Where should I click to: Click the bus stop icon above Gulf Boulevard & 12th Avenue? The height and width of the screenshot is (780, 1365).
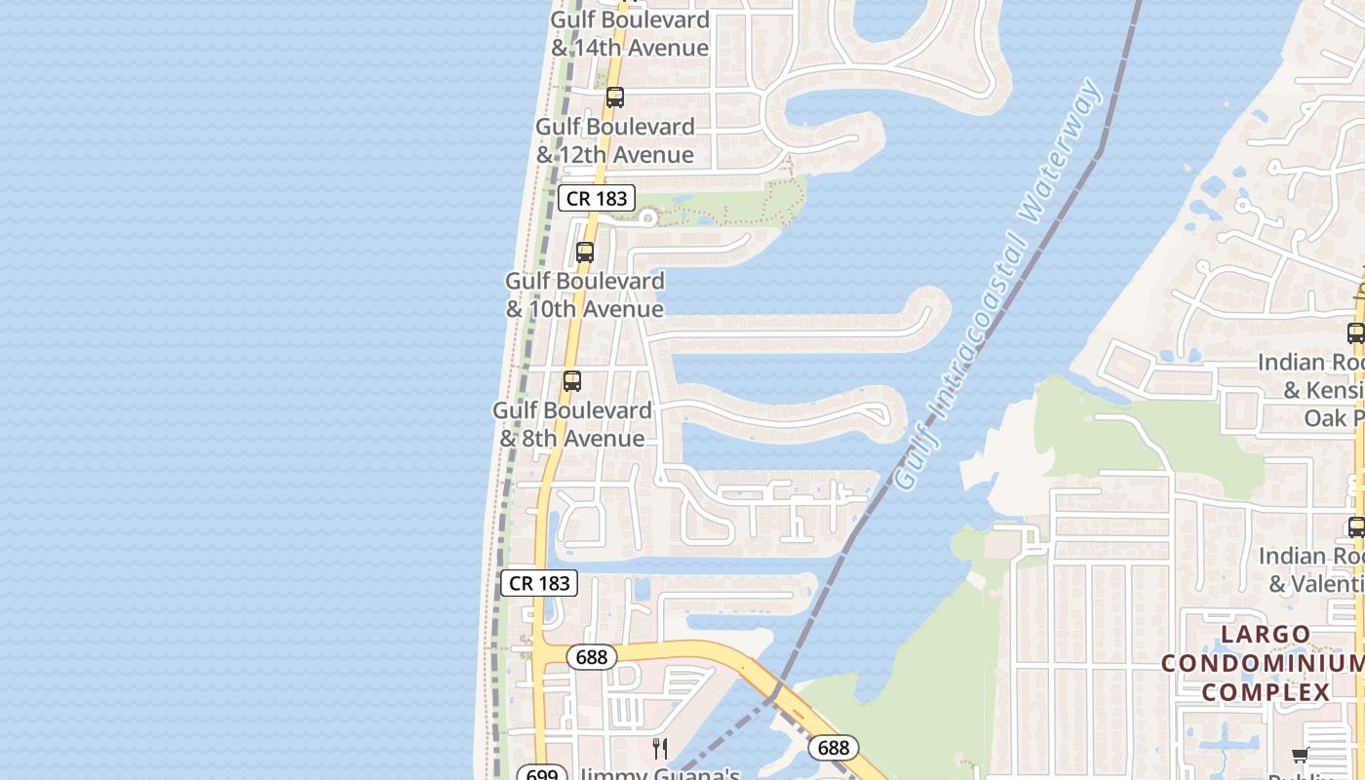click(x=614, y=97)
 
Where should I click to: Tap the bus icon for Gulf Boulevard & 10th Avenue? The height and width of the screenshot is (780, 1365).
click(x=585, y=252)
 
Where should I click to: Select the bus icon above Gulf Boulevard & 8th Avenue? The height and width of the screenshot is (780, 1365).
click(x=572, y=381)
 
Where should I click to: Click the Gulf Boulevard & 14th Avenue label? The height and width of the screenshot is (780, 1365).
click(x=630, y=33)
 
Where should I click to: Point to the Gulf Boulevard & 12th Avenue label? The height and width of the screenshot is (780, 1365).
click(x=615, y=140)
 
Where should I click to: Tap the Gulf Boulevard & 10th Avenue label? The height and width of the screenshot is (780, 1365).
click(x=585, y=294)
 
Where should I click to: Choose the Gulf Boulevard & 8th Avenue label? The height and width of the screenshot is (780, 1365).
click(x=572, y=424)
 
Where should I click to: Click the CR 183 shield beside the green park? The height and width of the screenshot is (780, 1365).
click(x=597, y=199)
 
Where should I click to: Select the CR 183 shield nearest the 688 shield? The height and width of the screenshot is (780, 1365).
click(x=539, y=583)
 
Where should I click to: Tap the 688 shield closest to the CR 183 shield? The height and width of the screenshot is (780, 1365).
click(x=592, y=657)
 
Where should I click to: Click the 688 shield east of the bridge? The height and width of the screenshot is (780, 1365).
click(x=833, y=748)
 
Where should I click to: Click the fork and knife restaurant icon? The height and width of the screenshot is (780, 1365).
click(x=660, y=749)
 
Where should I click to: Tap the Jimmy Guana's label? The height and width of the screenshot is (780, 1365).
click(x=659, y=774)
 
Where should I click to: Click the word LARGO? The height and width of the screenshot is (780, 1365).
click(x=1266, y=635)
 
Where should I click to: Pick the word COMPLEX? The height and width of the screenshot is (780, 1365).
click(x=1266, y=692)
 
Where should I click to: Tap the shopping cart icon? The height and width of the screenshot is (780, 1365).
click(x=1300, y=755)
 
